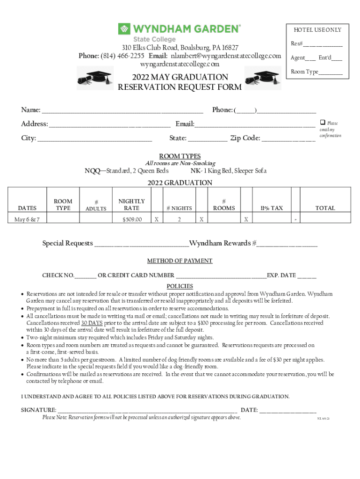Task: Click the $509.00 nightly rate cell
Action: coord(132,219)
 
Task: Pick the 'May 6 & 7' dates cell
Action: coord(27,219)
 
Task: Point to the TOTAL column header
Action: coord(325,208)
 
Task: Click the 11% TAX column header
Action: coord(272,208)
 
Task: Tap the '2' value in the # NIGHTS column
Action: coord(179,219)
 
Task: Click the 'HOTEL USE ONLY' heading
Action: coord(317,30)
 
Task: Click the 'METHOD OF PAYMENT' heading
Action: coord(180,261)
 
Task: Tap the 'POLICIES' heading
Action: coord(180,286)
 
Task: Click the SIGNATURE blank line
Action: coord(147,411)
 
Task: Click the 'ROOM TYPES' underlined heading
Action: coord(180,156)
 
